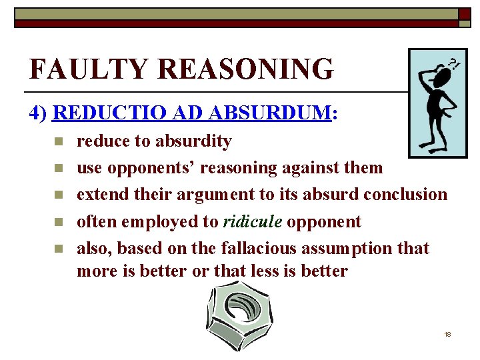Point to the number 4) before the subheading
click(x=39, y=113)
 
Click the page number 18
click(x=447, y=333)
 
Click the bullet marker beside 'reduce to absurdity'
click(x=59, y=141)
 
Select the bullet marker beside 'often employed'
click(x=59, y=221)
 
